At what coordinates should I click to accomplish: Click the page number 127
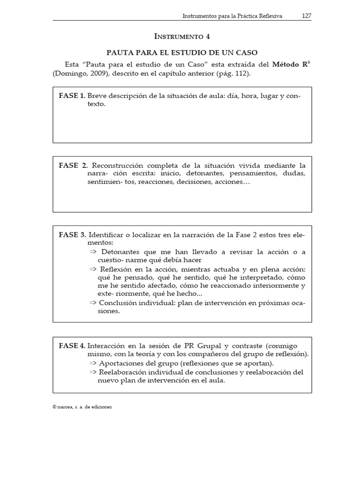pos(307,15)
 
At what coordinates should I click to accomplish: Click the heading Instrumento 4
pos(182,36)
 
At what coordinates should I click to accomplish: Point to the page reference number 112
pos(242,74)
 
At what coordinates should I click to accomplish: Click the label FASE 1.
pos(72,96)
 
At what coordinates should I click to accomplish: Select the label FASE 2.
pos(73,165)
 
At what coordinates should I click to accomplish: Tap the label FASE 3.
pos(72,234)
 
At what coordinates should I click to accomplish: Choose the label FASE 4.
pos(72,345)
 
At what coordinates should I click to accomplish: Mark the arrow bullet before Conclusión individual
pos(92,303)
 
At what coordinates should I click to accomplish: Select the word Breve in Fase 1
pos(97,96)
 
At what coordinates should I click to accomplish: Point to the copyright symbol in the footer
pos(55,407)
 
